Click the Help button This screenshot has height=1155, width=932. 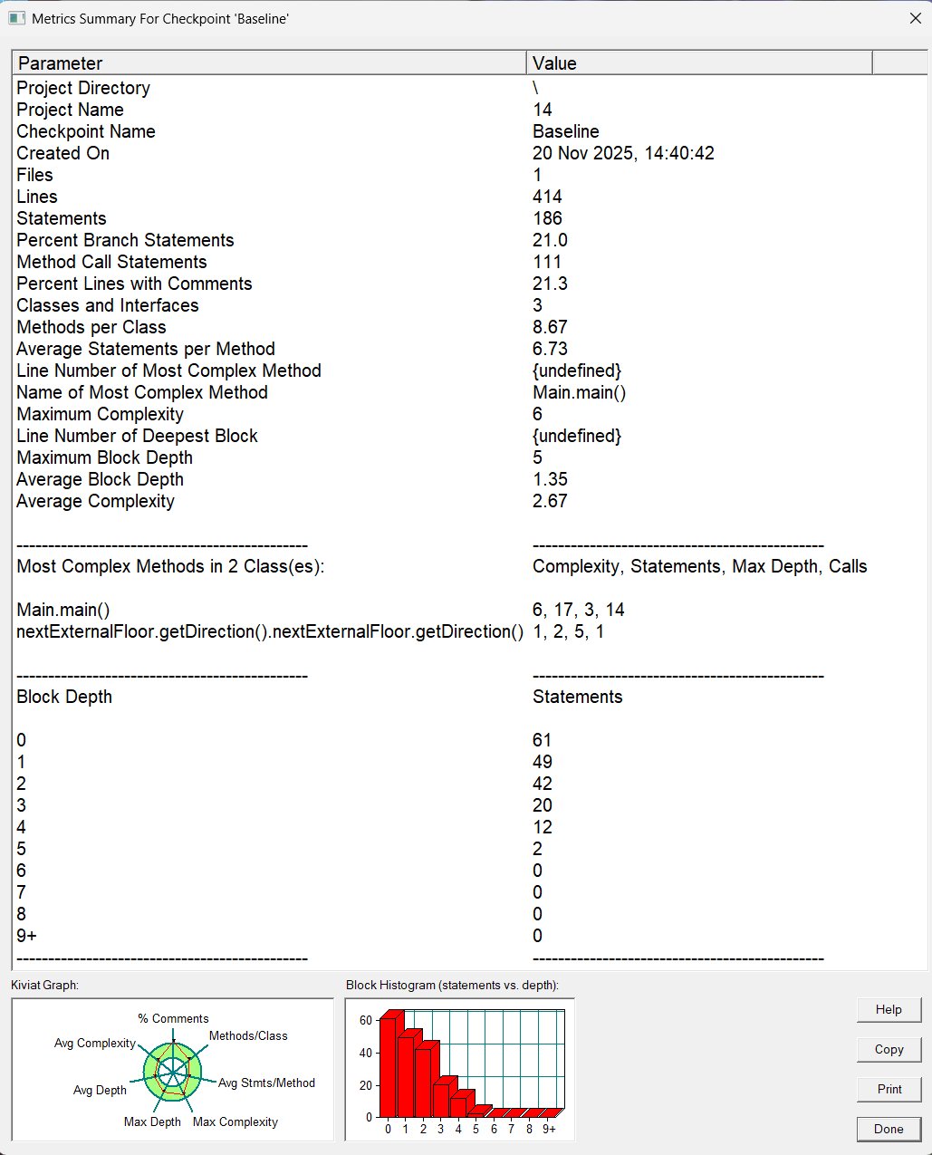(x=889, y=1009)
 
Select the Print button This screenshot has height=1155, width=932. (x=889, y=1089)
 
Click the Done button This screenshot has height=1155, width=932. (x=889, y=1129)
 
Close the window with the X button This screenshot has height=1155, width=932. (x=915, y=18)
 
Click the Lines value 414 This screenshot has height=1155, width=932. (x=547, y=197)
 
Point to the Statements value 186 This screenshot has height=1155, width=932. (x=547, y=218)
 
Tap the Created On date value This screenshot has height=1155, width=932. (x=623, y=153)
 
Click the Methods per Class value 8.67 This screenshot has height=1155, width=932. (x=550, y=327)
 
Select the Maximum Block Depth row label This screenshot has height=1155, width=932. (x=104, y=457)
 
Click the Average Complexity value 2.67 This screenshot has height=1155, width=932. (x=550, y=501)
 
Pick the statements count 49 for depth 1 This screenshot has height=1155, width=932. (x=543, y=762)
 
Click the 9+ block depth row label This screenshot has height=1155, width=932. (x=26, y=936)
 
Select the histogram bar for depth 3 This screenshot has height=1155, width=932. (x=441, y=1097)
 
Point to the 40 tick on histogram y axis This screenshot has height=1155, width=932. (x=366, y=1053)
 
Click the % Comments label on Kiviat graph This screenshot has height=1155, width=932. (x=173, y=1018)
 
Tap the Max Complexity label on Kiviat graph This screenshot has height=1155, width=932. (x=235, y=1121)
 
